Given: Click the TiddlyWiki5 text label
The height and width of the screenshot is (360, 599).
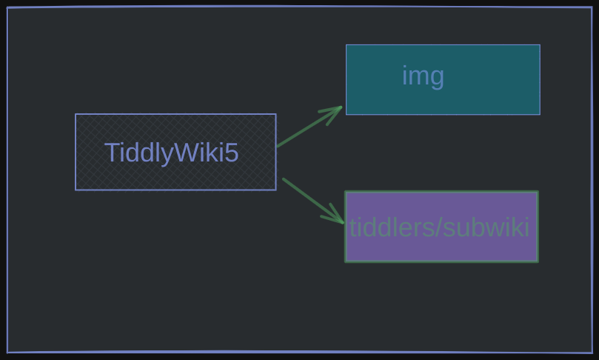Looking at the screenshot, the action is [x=172, y=153].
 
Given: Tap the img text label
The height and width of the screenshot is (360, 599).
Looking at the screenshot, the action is [x=424, y=76].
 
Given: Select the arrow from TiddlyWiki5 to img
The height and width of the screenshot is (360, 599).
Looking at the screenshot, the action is [x=309, y=127].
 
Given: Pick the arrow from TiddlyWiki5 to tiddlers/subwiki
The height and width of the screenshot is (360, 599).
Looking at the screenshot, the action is [x=313, y=201].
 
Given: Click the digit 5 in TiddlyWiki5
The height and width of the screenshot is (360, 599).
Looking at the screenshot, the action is [x=232, y=153].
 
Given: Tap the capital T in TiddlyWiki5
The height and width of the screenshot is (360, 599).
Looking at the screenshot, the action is [x=111, y=153].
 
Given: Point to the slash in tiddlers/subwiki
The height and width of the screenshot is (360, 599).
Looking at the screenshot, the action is [x=438, y=227].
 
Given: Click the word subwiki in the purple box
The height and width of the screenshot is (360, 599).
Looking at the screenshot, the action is [x=486, y=227].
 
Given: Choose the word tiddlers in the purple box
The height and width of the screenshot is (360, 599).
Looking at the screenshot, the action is [x=392, y=227].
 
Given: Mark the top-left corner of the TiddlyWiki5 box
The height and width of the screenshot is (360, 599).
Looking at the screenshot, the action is [x=76, y=114].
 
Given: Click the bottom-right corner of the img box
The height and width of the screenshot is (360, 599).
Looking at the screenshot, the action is [x=540, y=114].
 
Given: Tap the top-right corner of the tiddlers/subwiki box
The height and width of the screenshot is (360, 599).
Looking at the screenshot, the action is [x=538, y=192].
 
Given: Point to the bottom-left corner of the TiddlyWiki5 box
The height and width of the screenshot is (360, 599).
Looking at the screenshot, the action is [x=76, y=190].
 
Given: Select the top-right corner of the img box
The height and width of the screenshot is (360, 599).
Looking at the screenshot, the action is [x=540, y=45].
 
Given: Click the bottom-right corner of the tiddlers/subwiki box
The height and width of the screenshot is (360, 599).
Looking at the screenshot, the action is [x=538, y=261].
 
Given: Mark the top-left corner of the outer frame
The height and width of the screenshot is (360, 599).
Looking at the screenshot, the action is [x=7, y=7].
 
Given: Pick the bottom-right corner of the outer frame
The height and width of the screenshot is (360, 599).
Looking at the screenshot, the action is [x=592, y=353].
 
